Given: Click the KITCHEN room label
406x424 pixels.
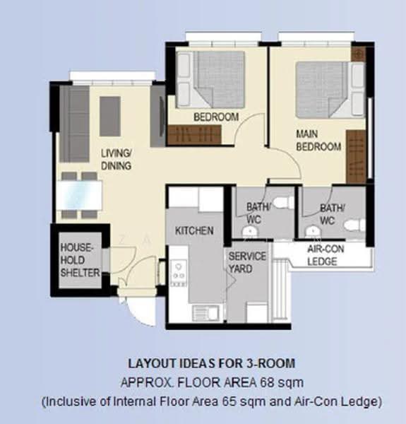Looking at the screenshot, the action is point(194,230).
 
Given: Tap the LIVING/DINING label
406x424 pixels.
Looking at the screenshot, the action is point(117,160).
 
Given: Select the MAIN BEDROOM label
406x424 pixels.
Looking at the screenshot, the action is point(318,141).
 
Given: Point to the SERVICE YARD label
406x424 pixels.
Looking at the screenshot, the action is point(247,263).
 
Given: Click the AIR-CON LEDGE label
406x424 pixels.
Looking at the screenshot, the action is point(326,255).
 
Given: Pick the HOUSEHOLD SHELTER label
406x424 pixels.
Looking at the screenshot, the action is point(80,260).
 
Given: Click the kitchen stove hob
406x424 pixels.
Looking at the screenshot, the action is point(179,273).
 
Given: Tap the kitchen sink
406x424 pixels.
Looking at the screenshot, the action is point(206,313).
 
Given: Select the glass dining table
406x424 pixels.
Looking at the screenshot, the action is point(79,195).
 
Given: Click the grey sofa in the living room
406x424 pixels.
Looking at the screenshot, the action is point(74,124).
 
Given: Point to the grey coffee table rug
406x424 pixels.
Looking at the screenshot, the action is point(110,117).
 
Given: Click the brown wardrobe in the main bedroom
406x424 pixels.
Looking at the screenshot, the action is point(356,157).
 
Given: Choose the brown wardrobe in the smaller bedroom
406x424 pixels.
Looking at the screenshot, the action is point(194,134).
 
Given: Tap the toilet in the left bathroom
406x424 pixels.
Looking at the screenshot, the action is point(283,203).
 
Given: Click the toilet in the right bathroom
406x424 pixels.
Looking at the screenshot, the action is point(355,225).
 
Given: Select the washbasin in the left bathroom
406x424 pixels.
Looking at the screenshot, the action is point(250,232).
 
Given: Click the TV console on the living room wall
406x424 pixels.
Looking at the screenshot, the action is point(157,116).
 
